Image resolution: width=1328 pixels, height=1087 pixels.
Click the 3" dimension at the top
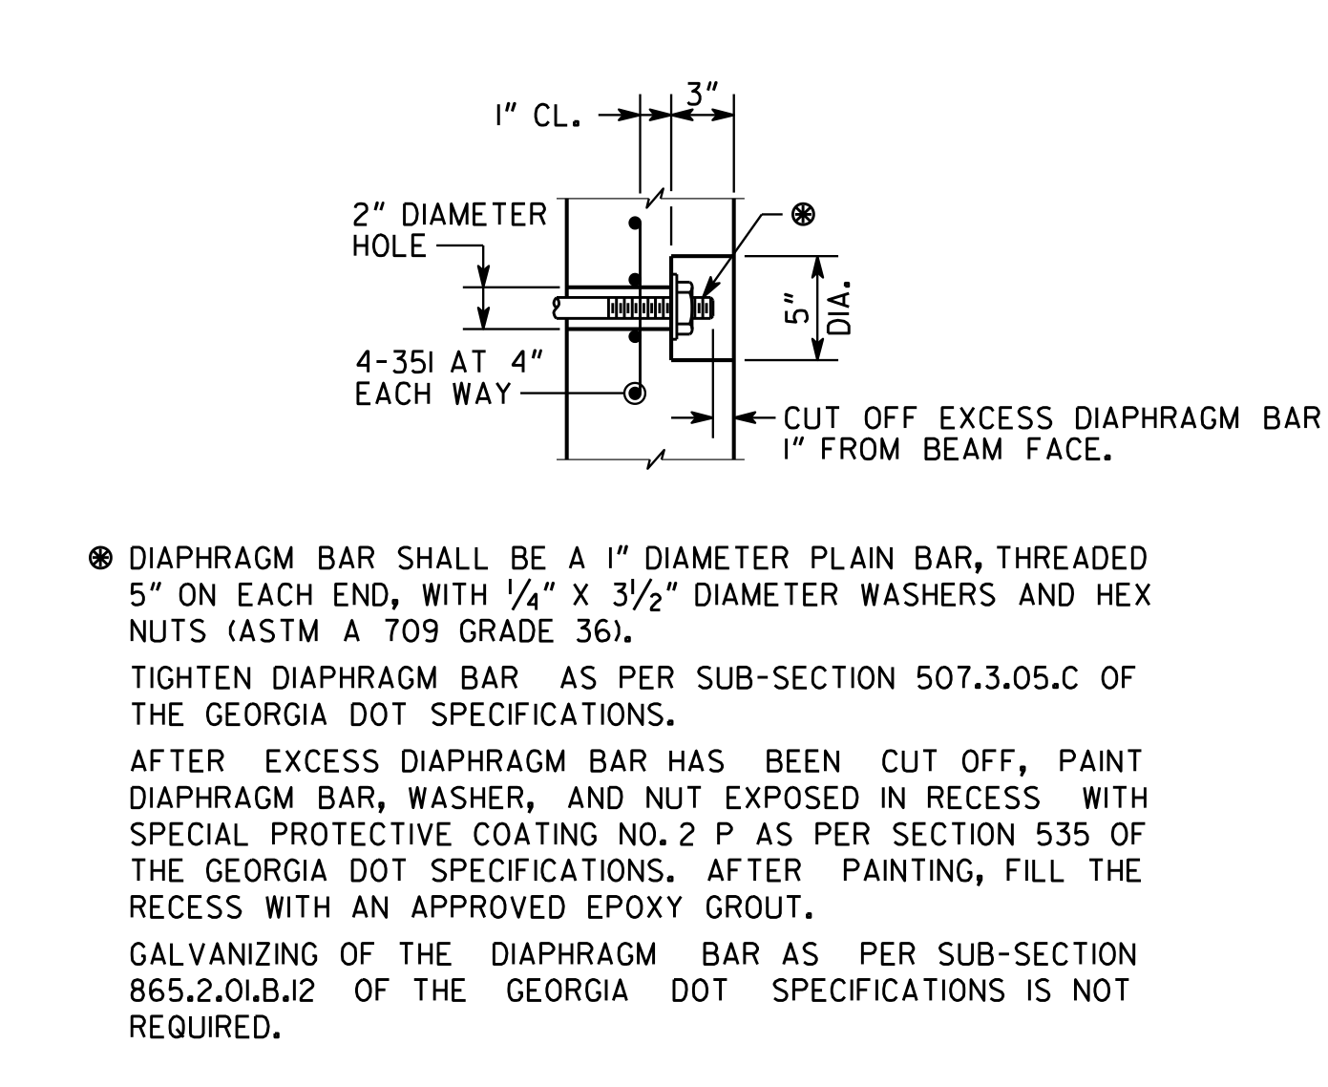coord(702,95)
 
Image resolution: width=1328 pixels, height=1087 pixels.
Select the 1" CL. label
coord(538,116)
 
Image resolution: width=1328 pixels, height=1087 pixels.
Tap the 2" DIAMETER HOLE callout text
coord(450,230)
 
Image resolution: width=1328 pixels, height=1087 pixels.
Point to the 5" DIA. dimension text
coord(817,309)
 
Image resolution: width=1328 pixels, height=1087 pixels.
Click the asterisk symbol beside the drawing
coord(803,214)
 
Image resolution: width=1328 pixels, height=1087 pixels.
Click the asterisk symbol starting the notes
coord(101,559)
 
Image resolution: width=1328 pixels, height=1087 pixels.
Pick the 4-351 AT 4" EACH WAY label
coord(449,378)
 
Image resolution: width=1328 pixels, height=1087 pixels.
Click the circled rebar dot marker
coord(635,394)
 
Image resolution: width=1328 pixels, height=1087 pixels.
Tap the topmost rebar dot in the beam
coord(635,224)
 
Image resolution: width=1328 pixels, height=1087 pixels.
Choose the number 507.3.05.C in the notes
coord(997,678)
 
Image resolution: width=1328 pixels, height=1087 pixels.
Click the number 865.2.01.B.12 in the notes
coord(221,991)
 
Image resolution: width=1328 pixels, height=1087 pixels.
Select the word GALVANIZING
coord(223,954)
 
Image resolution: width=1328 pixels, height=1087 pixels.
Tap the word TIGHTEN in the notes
coord(191,678)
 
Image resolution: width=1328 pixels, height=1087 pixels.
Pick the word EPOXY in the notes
coord(634,907)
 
